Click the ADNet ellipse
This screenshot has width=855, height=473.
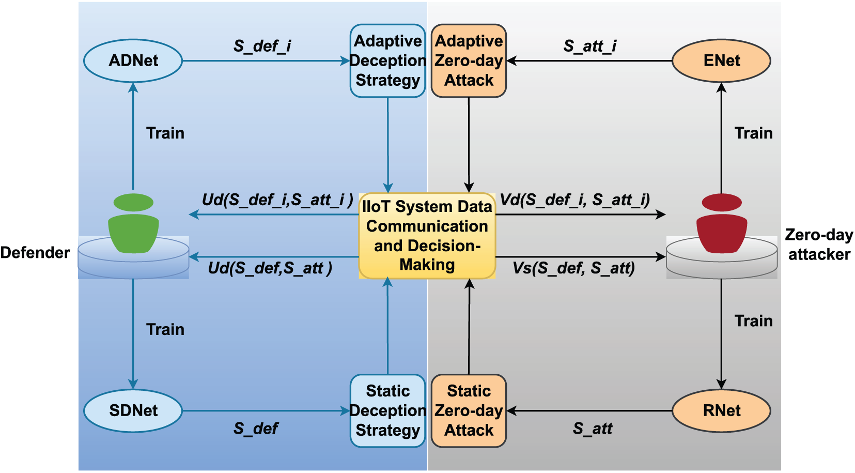[x=133, y=61]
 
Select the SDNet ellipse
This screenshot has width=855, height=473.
[x=133, y=411]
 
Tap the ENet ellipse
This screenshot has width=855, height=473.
[x=721, y=61]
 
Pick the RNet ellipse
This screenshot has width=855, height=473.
[x=721, y=411]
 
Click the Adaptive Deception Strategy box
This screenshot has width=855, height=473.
[x=388, y=61]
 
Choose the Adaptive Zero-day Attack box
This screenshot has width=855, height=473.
[x=469, y=61]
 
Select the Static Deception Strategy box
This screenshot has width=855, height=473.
[x=388, y=411]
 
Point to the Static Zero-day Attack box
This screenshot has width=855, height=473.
[x=469, y=411]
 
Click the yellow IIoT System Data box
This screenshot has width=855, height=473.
[x=427, y=236]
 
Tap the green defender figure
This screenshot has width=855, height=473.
[x=134, y=223]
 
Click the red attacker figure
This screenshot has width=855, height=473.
[x=722, y=223]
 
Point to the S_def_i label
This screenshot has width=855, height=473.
[x=262, y=46]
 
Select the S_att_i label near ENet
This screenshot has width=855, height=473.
[x=590, y=46]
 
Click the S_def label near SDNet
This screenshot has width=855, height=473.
[x=256, y=429]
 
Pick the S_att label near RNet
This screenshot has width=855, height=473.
[x=593, y=429]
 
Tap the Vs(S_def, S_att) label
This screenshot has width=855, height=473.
[x=573, y=268]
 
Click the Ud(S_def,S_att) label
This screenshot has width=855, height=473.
[x=270, y=268]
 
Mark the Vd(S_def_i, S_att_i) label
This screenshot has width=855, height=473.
[x=575, y=200]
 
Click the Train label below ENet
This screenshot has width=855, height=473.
[x=753, y=133]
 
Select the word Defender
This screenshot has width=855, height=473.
[x=35, y=253]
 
